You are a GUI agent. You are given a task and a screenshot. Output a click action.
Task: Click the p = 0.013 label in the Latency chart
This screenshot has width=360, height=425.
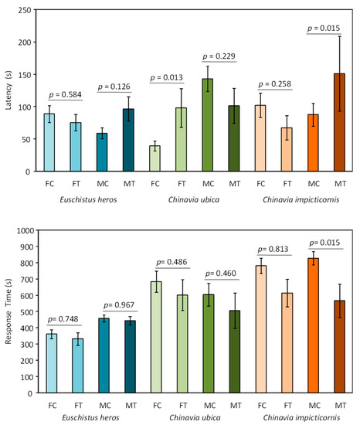[167, 77]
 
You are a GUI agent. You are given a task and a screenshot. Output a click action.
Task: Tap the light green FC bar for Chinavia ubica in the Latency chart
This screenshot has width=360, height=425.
[155, 158]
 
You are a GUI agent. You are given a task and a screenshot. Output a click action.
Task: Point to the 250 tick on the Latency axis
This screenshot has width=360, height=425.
[27, 11]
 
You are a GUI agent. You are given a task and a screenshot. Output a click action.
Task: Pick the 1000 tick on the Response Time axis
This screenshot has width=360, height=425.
[24, 230]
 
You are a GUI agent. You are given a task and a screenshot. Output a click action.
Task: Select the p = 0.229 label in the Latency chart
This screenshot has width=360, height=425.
[218, 56]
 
